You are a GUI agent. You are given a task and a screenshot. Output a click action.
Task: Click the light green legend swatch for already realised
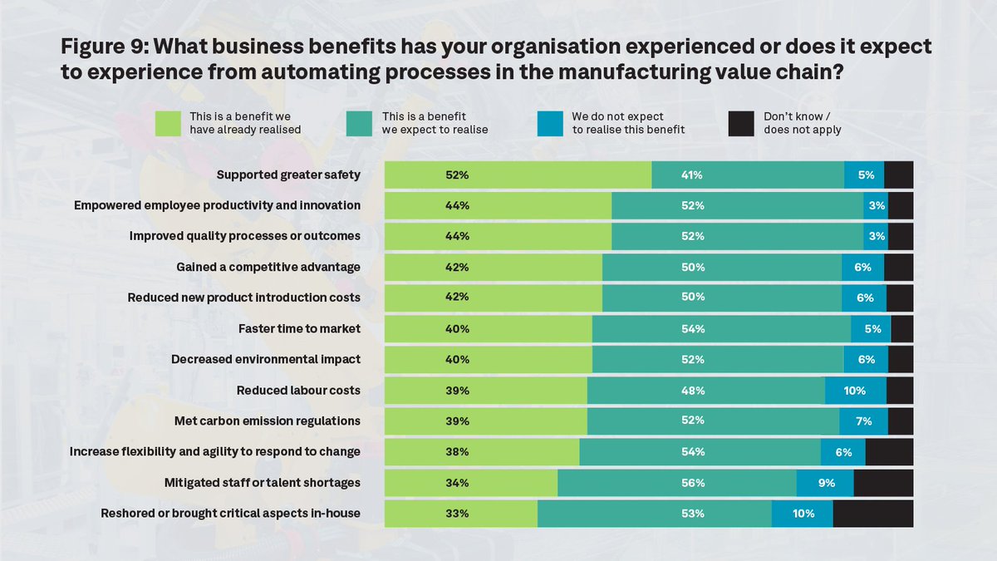click(169, 123)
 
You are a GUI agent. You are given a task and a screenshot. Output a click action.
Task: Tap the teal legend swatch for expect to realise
click(359, 123)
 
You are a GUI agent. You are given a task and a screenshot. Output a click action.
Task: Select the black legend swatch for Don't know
click(741, 123)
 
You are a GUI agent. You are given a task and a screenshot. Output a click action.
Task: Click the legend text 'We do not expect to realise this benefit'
click(628, 123)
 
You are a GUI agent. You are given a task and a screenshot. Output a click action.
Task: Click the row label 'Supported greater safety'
click(288, 175)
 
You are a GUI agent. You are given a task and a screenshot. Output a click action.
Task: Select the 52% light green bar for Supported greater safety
click(517, 175)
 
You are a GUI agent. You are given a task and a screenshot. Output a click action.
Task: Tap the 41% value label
click(692, 175)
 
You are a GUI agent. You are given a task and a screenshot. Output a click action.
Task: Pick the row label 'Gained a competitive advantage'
click(268, 268)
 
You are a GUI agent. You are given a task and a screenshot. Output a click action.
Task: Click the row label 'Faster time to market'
click(299, 328)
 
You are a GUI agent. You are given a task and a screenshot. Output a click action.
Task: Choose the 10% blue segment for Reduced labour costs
click(855, 391)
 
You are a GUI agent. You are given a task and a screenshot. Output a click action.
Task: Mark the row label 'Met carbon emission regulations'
click(268, 421)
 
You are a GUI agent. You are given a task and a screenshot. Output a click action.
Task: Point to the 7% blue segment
click(863, 421)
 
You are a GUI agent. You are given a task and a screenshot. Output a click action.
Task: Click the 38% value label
click(457, 452)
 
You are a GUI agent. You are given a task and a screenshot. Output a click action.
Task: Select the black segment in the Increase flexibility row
click(889, 452)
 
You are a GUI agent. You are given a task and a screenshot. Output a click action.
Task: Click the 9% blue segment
click(825, 483)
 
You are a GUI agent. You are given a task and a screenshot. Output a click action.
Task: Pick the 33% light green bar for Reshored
click(460, 514)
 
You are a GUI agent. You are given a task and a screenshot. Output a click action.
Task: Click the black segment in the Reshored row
click(872, 514)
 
